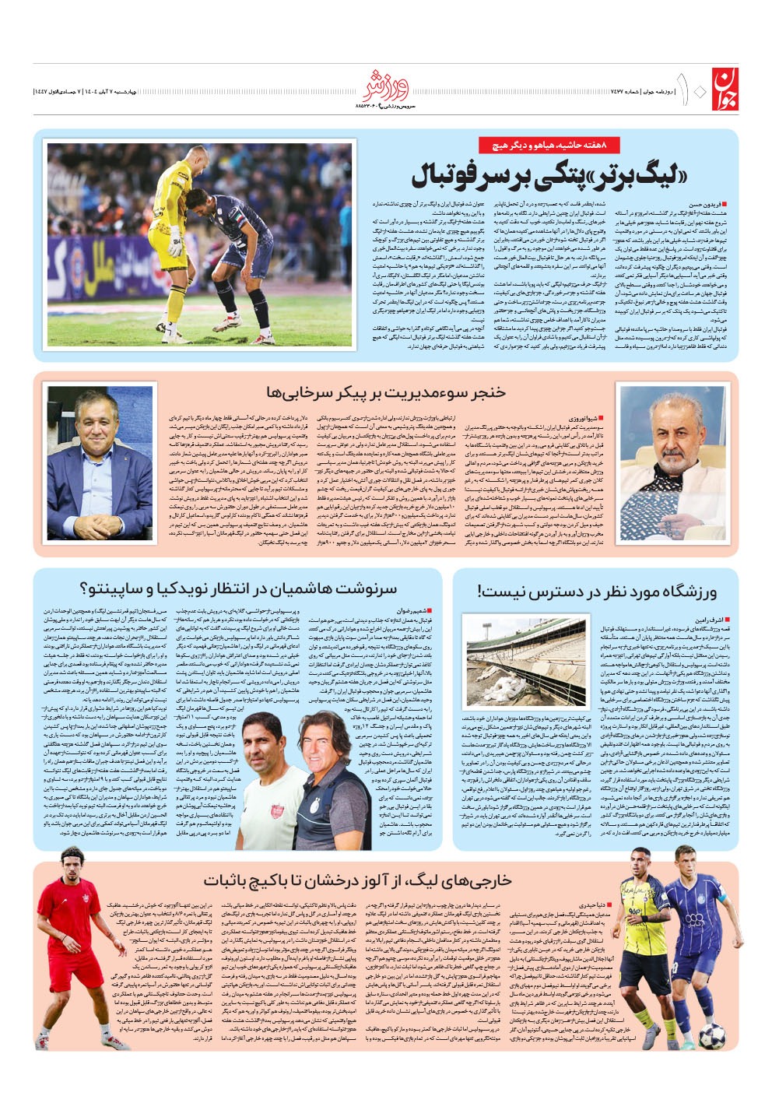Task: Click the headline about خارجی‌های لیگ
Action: coord(357,880)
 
